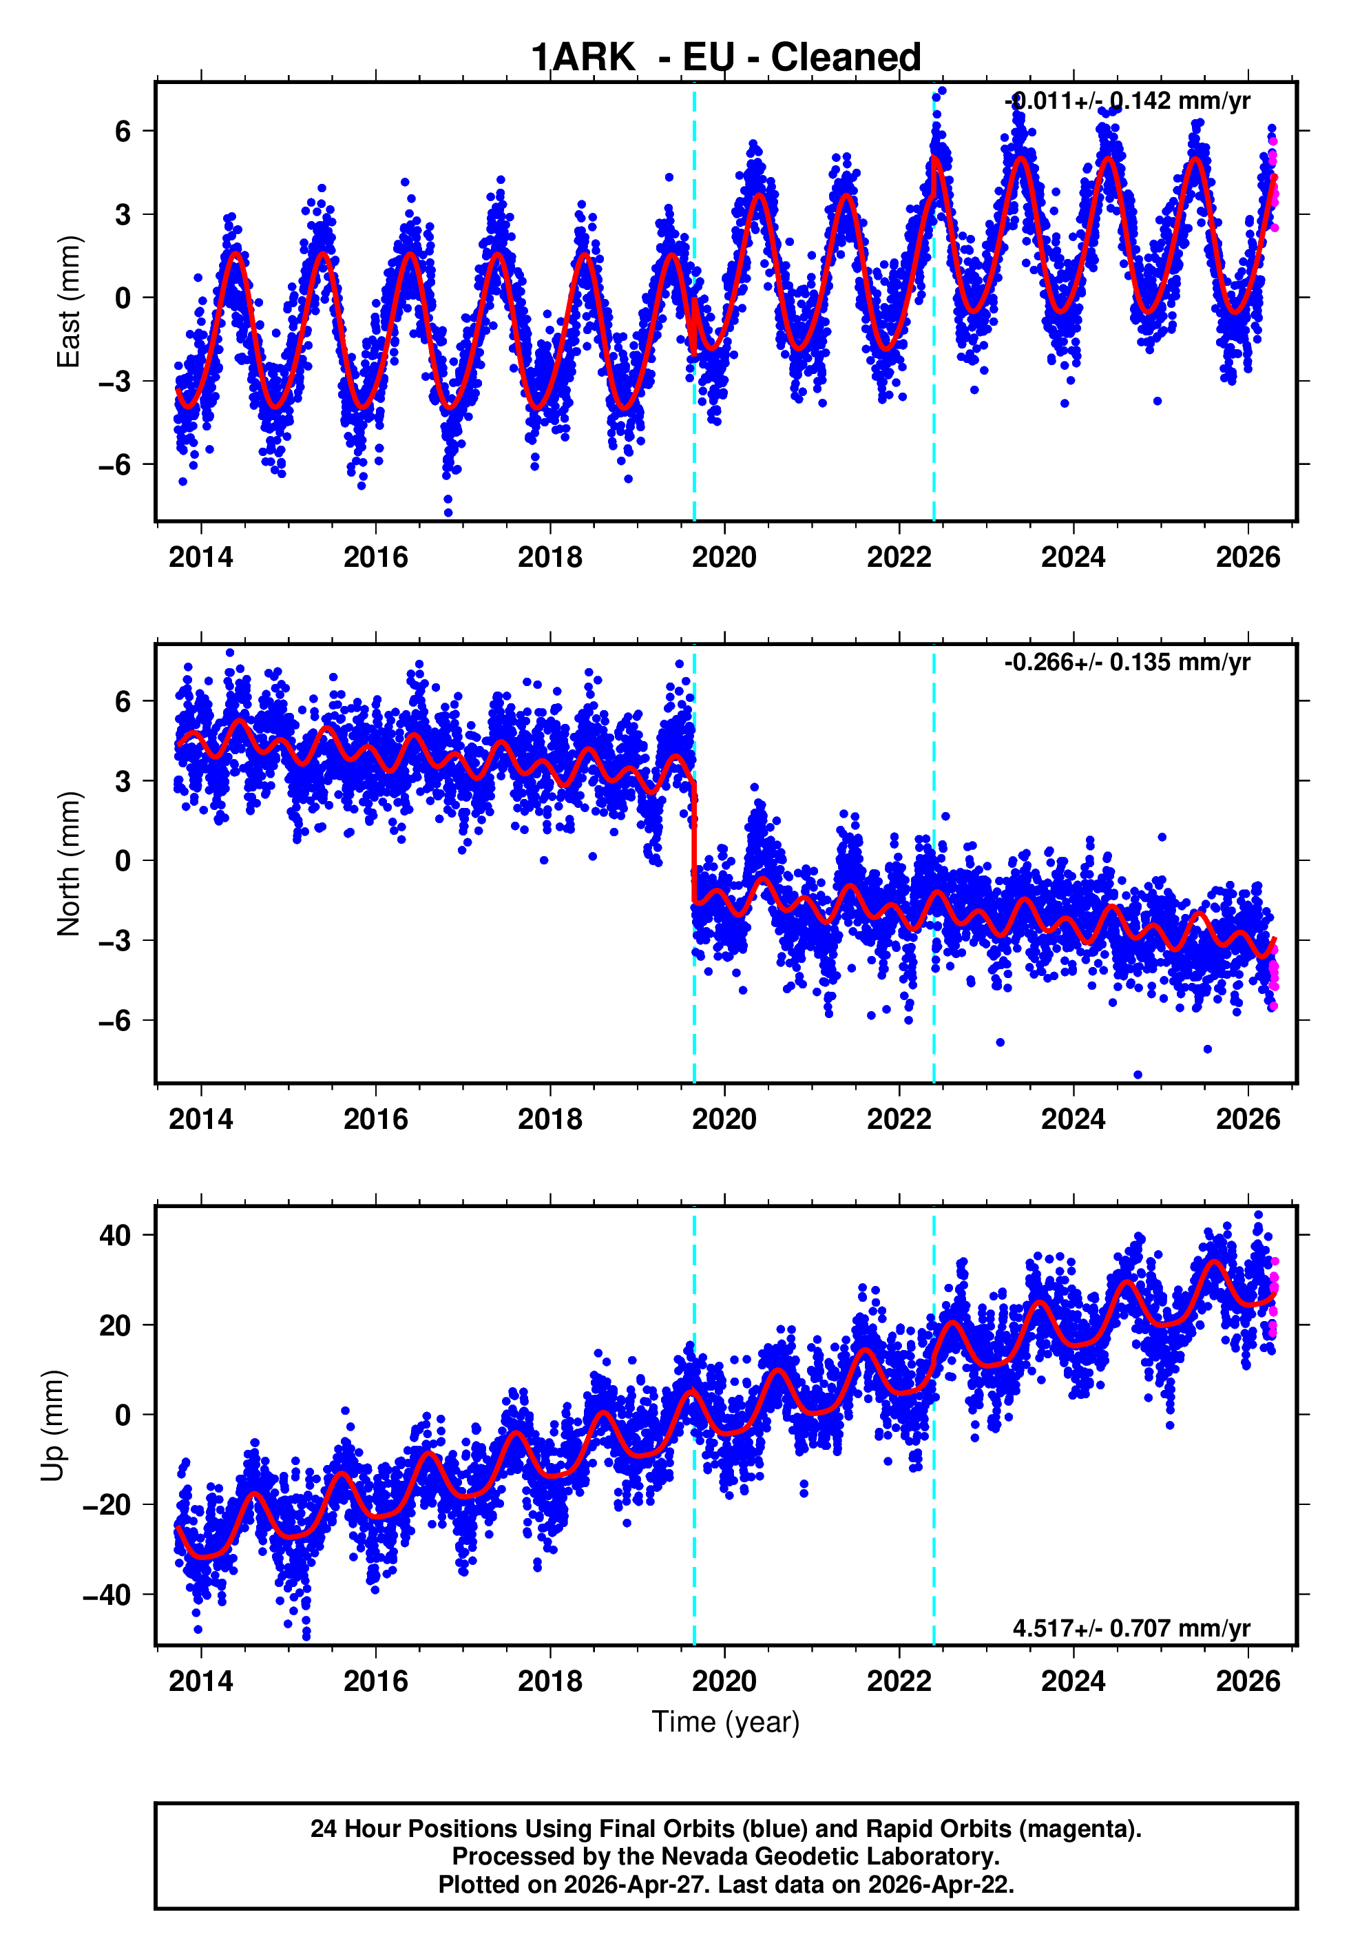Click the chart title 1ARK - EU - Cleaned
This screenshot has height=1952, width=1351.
tap(726, 58)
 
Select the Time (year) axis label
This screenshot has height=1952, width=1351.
tap(726, 1722)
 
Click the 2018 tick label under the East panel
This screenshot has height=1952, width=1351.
tap(550, 557)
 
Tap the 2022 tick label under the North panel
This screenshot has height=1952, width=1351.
tap(899, 1119)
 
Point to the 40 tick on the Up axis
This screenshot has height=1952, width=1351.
tap(115, 1235)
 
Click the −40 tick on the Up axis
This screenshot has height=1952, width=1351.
tap(107, 1595)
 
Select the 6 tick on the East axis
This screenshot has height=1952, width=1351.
tap(123, 131)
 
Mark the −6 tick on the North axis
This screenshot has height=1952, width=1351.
tap(115, 1021)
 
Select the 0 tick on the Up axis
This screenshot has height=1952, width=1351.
tap(123, 1415)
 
